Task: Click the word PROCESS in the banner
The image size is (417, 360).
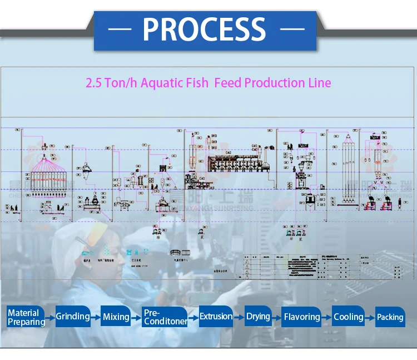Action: tap(204, 29)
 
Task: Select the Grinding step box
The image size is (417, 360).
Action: tap(72, 317)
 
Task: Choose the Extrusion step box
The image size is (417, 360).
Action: tap(216, 317)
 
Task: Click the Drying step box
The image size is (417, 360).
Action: tap(258, 317)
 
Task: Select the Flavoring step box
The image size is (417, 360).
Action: tap(301, 317)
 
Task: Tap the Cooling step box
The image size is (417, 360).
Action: tap(348, 317)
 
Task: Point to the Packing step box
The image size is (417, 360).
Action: tap(390, 317)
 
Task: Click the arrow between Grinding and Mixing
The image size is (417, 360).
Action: tap(96, 317)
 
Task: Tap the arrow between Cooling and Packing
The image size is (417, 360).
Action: tap(370, 317)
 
